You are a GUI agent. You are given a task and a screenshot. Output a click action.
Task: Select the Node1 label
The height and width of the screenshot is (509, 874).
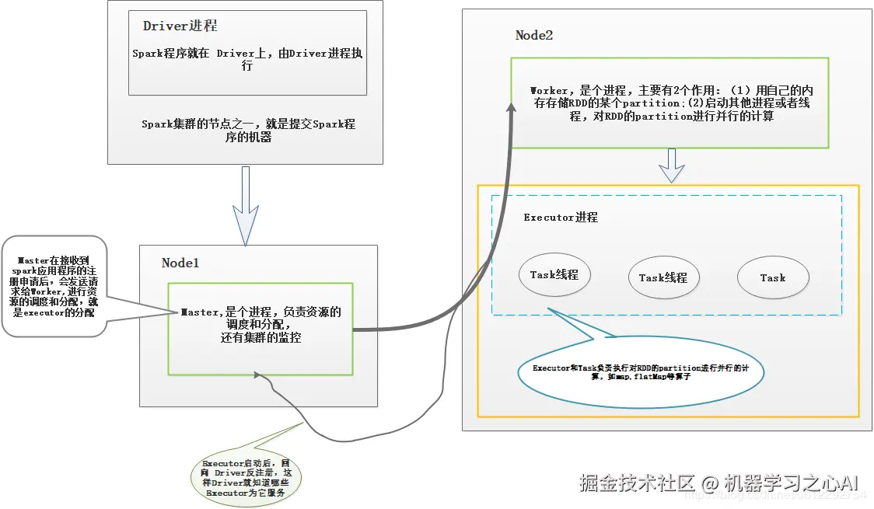click(x=180, y=263)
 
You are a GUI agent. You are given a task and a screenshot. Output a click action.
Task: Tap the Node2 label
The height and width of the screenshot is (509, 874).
click(x=534, y=35)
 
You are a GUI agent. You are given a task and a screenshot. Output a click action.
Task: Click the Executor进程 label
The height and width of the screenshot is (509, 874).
click(x=561, y=217)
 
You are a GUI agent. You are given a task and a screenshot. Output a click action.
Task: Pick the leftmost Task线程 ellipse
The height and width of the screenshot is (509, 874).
click(x=554, y=275)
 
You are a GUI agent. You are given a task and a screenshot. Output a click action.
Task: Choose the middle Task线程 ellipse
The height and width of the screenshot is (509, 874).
click(x=663, y=277)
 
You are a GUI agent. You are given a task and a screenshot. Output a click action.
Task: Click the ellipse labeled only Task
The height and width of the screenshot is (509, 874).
click(x=773, y=277)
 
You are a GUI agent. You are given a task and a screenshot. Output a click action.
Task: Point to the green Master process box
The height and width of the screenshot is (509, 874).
click(x=260, y=328)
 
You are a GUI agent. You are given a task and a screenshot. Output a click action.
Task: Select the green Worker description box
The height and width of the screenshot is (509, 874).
click(x=669, y=103)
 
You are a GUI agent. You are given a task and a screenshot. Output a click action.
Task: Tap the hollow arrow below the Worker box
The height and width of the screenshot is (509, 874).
click(x=671, y=165)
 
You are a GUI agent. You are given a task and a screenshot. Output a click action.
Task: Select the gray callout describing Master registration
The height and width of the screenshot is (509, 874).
click(x=54, y=286)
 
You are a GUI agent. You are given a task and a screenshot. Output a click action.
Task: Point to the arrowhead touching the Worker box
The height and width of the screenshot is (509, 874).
click(x=510, y=112)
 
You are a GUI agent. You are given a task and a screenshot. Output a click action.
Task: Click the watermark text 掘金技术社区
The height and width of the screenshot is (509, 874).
click(x=636, y=483)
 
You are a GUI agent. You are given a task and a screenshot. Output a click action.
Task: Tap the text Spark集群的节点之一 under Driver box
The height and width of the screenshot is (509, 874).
click(x=248, y=130)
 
